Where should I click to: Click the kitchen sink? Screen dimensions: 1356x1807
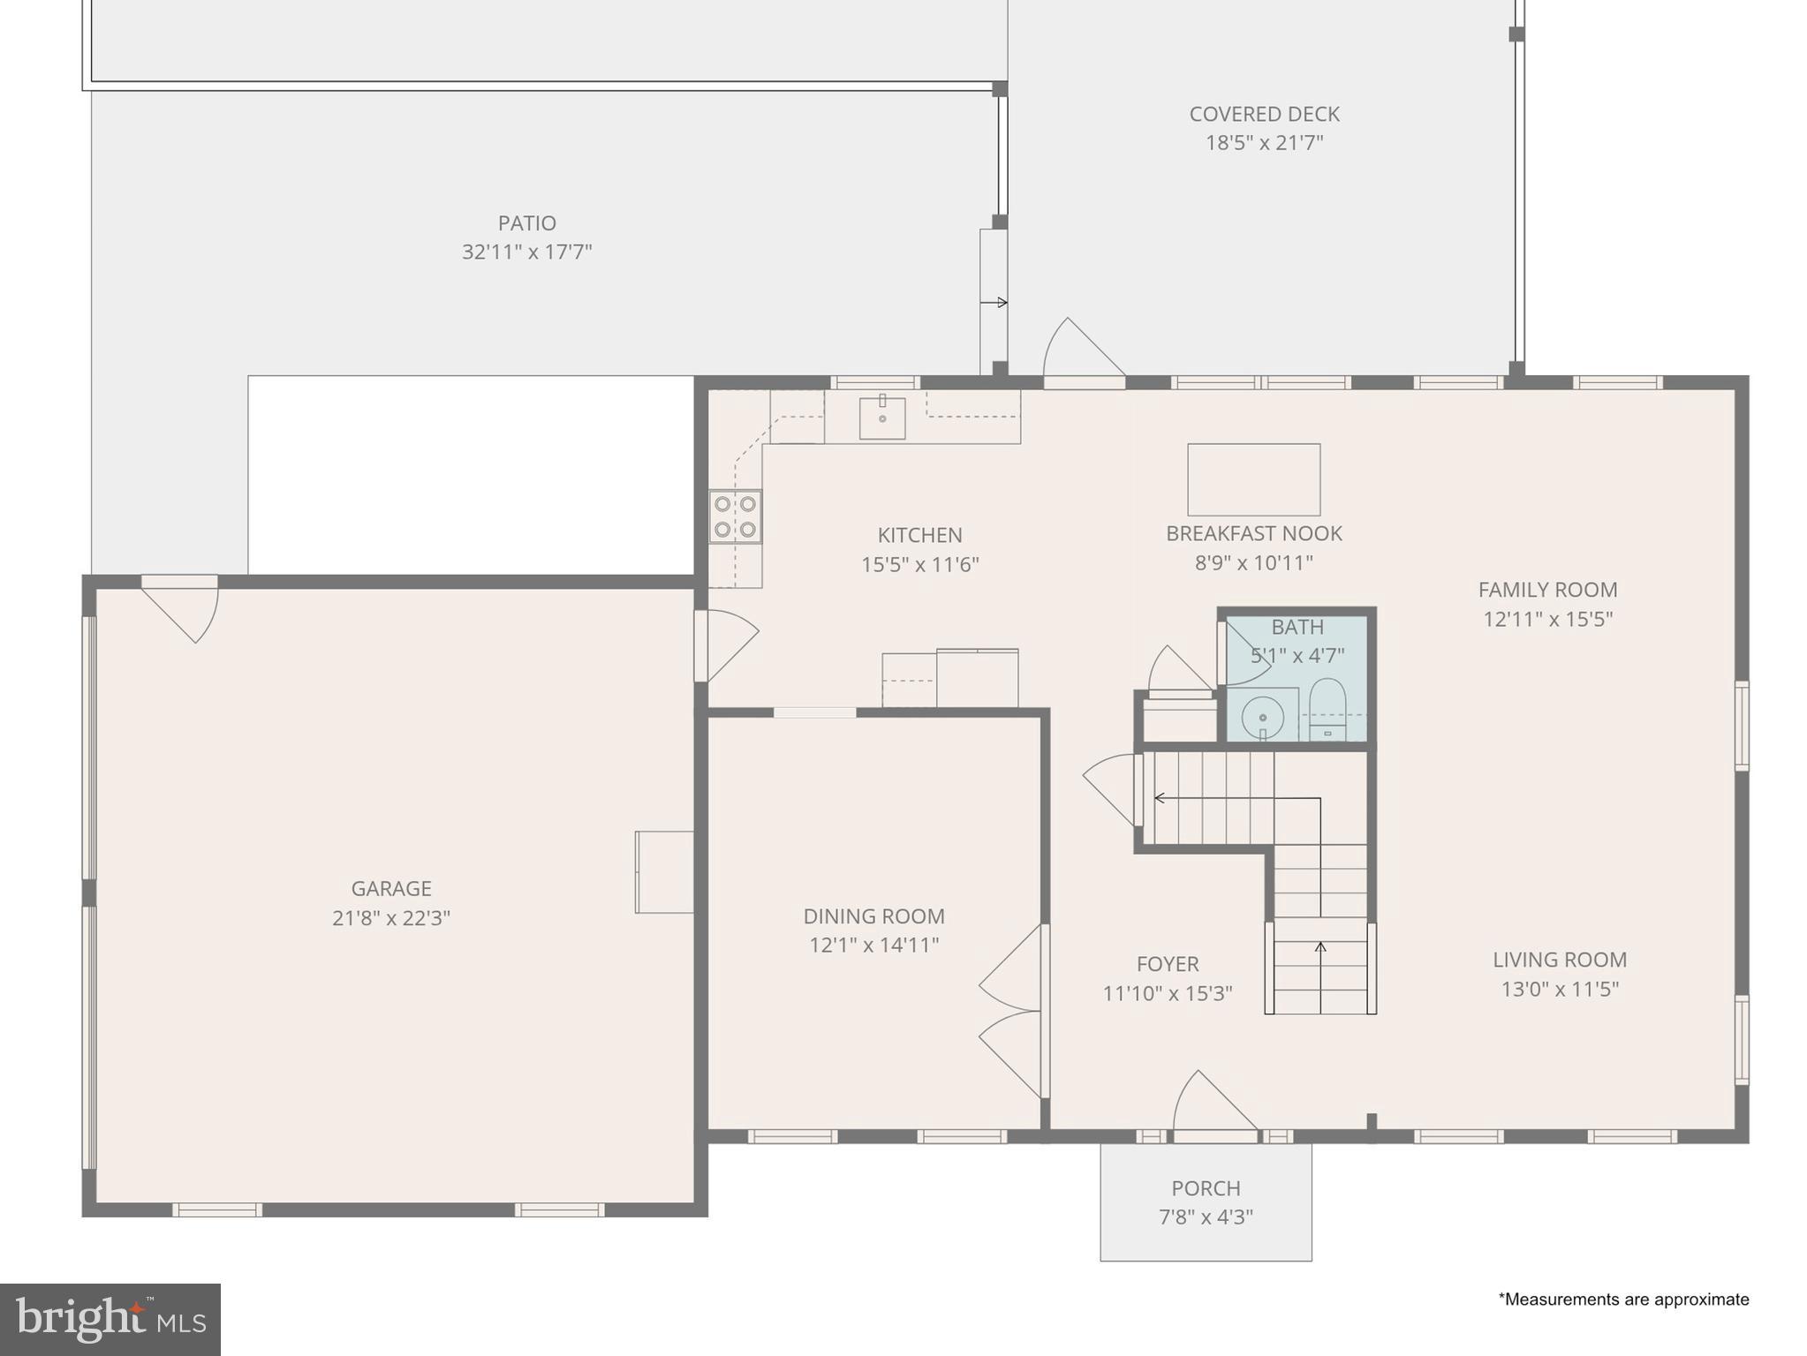point(882,418)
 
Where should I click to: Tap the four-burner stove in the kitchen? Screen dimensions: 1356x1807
point(735,516)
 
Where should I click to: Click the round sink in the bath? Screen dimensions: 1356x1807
point(1262,716)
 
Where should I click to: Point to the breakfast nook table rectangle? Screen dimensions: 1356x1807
point(1253,479)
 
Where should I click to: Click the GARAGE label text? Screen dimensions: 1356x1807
point(391,888)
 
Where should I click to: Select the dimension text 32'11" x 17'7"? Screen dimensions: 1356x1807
point(526,252)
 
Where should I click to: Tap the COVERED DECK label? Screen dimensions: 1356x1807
point(1264,114)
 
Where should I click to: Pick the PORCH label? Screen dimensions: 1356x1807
point(1206,1188)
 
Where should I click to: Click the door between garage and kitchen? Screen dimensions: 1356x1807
point(726,644)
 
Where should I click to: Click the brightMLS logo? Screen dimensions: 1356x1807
point(110,1319)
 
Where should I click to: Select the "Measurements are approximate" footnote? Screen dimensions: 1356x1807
point(1623,1299)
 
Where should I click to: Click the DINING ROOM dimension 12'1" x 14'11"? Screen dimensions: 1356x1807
point(873,945)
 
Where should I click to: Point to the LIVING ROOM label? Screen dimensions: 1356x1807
point(1560,960)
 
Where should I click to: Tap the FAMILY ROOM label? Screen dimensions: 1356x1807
point(1547,590)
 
